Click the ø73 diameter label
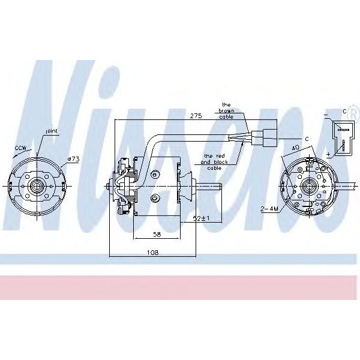click(73, 158)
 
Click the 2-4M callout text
click(269, 209)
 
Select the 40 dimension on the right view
click(295, 147)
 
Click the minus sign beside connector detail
click(326, 113)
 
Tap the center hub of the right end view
click(310, 185)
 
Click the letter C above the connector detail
click(345, 111)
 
